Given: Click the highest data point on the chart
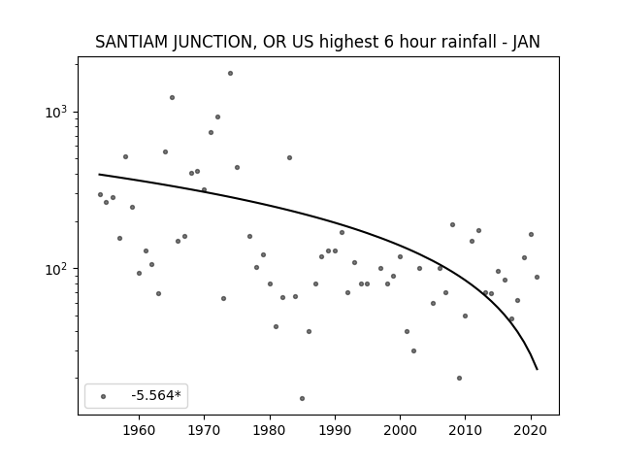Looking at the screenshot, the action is click(x=230, y=74).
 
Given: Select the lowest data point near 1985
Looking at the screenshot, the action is click(x=302, y=398).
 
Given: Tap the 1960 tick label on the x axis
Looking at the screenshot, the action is click(x=139, y=430).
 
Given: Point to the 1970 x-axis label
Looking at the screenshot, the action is click(x=204, y=430).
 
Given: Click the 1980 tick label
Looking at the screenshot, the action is click(x=270, y=430).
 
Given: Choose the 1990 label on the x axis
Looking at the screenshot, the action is click(x=335, y=430).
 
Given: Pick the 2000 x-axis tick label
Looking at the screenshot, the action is click(x=400, y=430).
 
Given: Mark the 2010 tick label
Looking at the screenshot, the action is click(x=466, y=430).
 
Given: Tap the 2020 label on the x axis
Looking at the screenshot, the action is click(x=531, y=430).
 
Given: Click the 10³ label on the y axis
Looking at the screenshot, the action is click(x=56, y=113).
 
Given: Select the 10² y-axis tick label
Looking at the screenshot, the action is click(x=56, y=269).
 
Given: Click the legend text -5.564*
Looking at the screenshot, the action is click(x=156, y=395).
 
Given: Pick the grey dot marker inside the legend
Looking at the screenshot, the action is click(x=104, y=396).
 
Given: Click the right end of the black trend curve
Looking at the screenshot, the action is click(x=537, y=369).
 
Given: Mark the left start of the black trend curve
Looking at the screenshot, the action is click(x=99, y=175).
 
